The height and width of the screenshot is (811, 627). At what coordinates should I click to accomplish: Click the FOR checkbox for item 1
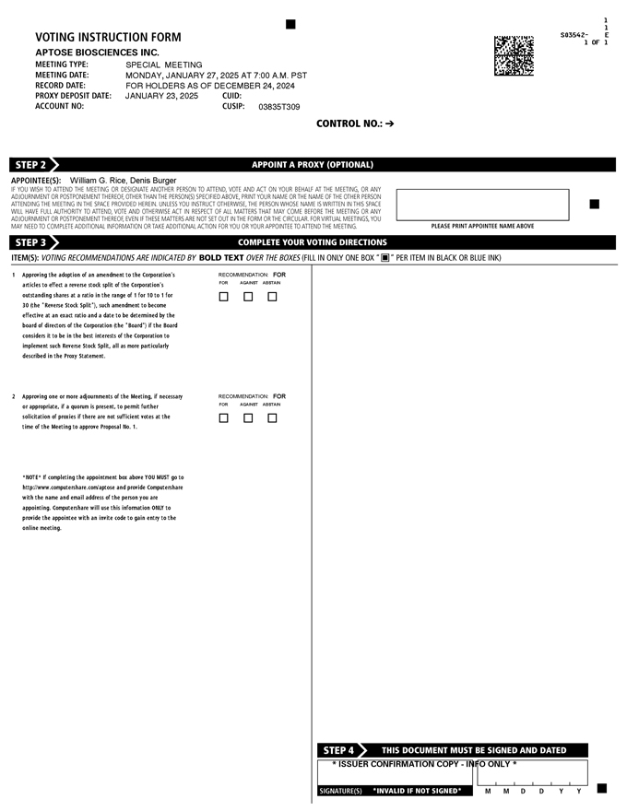click(x=223, y=297)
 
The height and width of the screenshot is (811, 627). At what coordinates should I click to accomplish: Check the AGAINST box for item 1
click(x=248, y=297)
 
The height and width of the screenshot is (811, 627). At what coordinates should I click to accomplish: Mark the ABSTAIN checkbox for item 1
click(x=272, y=297)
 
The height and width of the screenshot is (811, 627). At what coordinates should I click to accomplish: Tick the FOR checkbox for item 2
click(x=223, y=418)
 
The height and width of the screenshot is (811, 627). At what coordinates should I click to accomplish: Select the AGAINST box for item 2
click(x=248, y=418)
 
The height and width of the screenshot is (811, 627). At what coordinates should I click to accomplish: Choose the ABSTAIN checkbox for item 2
click(x=272, y=418)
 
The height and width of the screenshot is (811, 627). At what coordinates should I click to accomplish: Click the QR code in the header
click(x=514, y=55)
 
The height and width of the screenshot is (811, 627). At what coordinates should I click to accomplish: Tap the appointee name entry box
click(x=482, y=205)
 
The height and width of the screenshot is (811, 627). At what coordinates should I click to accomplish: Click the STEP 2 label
click(x=31, y=165)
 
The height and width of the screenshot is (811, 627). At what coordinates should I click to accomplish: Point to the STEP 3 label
click(x=31, y=242)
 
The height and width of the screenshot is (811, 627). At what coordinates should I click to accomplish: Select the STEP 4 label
click(x=338, y=750)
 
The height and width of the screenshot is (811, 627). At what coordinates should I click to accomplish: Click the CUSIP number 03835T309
click(x=278, y=107)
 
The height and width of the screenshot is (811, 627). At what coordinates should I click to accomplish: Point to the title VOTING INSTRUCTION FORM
click(x=108, y=38)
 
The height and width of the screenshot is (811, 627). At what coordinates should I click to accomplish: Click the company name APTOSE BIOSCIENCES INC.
click(x=97, y=53)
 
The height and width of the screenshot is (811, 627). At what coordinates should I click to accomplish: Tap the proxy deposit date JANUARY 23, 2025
click(x=161, y=96)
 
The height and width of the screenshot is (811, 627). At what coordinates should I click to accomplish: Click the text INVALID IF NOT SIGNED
click(x=417, y=791)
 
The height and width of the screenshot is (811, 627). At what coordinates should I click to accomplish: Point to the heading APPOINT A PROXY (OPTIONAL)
click(x=313, y=165)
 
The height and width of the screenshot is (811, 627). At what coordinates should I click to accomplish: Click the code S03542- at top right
click(x=574, y=35)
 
